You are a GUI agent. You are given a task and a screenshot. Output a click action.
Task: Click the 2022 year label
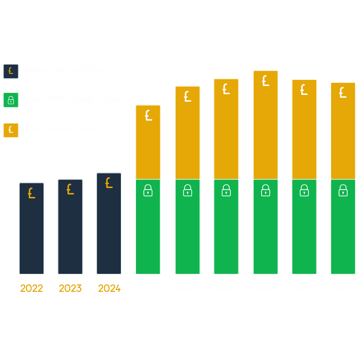click(x=31, y=288)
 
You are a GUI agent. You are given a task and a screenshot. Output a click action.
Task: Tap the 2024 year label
click(x=109, y=288)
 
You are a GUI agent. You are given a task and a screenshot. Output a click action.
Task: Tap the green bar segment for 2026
click(x=187, y=232)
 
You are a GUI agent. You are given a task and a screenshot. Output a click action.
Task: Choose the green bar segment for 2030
click(x=343, y=232)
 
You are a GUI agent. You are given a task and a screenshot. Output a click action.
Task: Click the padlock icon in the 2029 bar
click(x=304, y=191)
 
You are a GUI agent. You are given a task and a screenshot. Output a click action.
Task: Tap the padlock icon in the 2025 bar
click(x=148, y=191)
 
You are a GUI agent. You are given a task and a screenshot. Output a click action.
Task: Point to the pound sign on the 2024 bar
click(x=109, y=183)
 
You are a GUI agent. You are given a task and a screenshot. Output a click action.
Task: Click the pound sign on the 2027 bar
click(x=226, y=89)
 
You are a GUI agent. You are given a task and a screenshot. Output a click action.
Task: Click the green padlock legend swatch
click(x=11, y=100)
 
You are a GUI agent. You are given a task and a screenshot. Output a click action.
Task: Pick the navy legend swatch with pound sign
click(x=11, y=71)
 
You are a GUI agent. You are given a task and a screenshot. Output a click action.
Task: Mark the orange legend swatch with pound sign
click(x=11, y=130)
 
